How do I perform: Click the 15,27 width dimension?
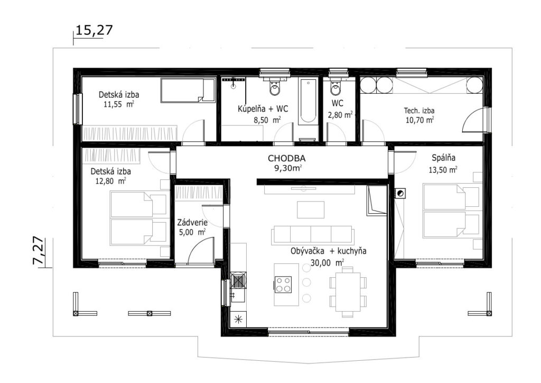click(x=94, y=30)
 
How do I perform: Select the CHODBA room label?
click(x=287, y=159)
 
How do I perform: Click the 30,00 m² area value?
click(x=327, y=262)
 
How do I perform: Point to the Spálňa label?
click(x=443, y=158)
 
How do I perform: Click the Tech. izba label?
click(x=419, y=111)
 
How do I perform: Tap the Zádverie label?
click(x=192, y=223)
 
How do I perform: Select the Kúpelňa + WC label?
click(x=263, y=109)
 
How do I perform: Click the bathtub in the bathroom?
click(x=308, y=102)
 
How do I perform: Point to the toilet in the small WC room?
click(x=335, y=87)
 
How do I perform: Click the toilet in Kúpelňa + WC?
click(x=275, y=87)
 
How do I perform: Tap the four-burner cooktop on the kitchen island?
click(x=283, y=285)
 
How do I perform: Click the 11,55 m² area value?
click(x=119, y=104)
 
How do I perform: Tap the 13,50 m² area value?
click(x=443, y=170)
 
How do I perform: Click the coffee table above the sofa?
click(x=311, y=209)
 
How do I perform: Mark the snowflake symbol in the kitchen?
click(x=238, y=320)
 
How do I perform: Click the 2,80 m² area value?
click(x=340, y=115)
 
